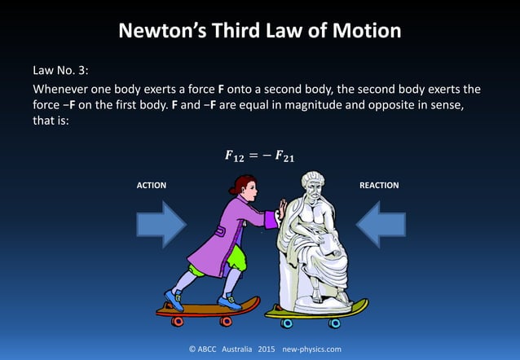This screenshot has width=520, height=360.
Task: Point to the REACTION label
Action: point(378,186)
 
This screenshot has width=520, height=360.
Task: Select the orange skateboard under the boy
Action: point(207,308)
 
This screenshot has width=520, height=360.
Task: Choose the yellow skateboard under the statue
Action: point(316,309)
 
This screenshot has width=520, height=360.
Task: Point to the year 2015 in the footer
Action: point(267,349)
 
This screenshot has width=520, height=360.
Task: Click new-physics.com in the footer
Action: point(311,349)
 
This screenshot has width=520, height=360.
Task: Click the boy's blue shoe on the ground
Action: point(174,298)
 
